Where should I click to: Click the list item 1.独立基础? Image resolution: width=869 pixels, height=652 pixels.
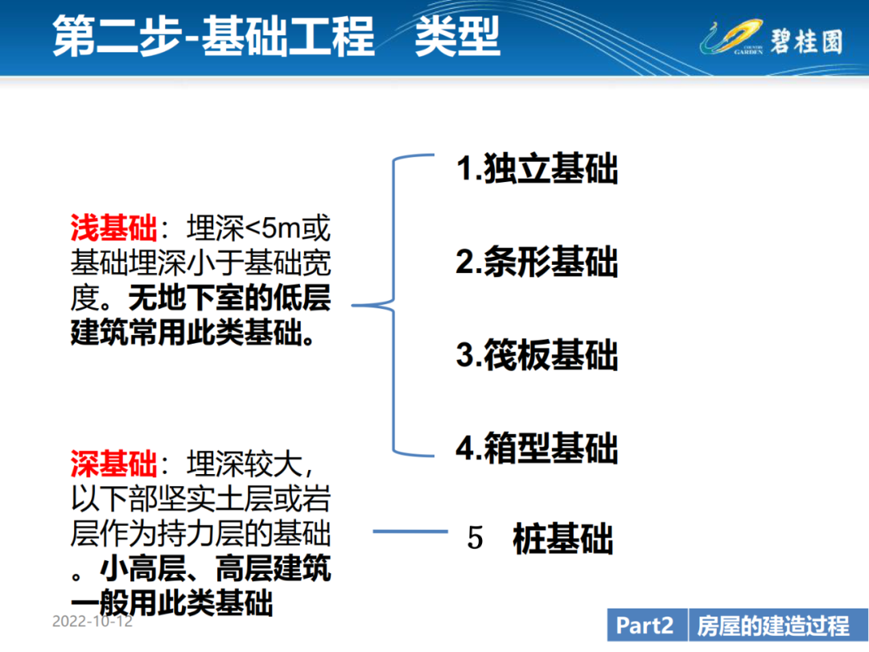coord(537,168)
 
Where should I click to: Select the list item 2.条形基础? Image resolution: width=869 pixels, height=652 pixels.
coord(537,261)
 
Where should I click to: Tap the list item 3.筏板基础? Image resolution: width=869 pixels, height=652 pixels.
coord(537,354)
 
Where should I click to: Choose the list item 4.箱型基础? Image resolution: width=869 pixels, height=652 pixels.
coord(537,448)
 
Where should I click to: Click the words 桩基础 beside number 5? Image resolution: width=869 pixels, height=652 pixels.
coord(563,539)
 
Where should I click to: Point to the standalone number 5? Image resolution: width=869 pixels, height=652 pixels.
coord(475,539)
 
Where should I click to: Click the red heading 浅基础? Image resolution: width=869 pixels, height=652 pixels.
coord(114,228)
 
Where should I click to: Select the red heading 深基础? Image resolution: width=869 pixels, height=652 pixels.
coord(114,464)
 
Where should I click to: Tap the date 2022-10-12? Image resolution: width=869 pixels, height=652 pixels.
coord(93,621)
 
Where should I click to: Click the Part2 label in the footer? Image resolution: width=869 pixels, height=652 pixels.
coord(645,625)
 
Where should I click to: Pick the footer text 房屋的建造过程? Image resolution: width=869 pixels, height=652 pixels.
coord(773,625)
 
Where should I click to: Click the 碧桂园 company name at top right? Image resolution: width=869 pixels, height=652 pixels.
coord(806,41)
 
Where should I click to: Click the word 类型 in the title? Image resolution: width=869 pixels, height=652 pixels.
coord(458,36)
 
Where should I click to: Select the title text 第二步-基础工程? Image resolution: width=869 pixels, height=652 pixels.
coord(213,36)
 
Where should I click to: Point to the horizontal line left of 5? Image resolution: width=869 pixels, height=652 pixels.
coord(410,532)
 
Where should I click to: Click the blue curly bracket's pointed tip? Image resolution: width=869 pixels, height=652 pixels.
coord(352,305)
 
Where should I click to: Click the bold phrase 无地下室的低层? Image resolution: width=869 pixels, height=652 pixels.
coord(229,298)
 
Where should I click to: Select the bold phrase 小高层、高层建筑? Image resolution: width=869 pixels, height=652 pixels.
coord(216,568)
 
